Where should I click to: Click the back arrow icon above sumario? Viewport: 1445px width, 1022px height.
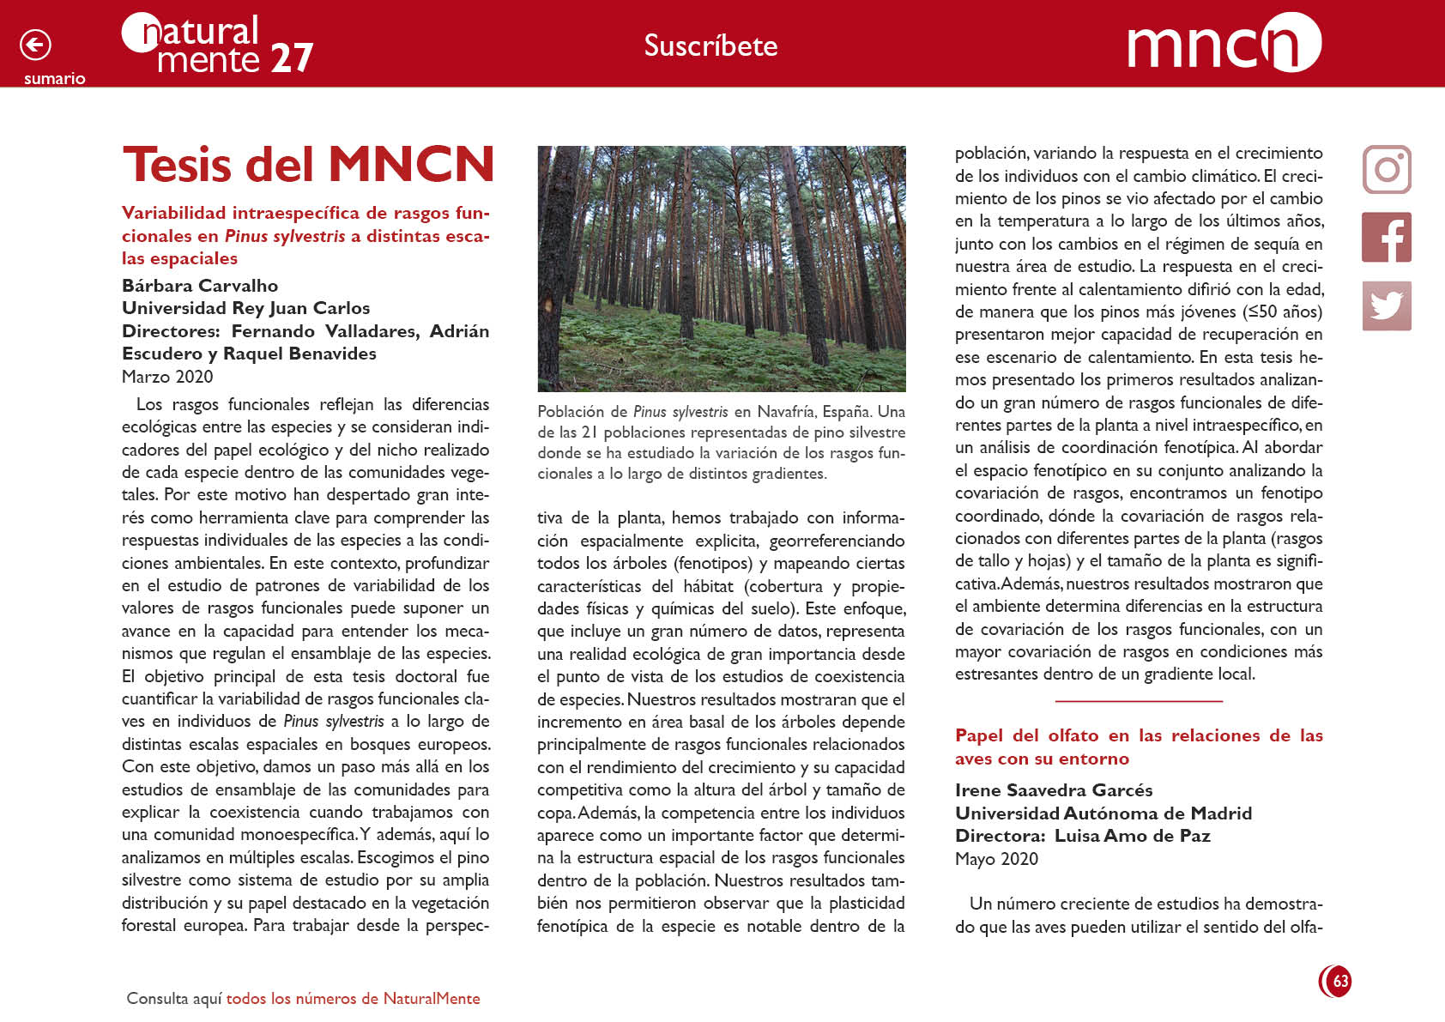[35, 45]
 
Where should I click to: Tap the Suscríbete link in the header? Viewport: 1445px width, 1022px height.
[710, 45]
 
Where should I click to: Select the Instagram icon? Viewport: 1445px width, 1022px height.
[1387, 169]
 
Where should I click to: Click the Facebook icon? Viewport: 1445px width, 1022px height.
[1387, 238]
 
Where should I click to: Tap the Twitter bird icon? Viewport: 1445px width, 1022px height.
[1387, 305]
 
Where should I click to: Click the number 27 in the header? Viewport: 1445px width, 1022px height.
[292, 58]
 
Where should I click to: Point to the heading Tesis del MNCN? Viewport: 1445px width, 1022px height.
[308, 164]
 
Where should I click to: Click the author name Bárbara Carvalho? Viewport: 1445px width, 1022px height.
[200, 286]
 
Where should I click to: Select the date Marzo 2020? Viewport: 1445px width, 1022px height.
[167, 377]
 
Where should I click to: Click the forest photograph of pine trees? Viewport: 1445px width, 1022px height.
[721, 269]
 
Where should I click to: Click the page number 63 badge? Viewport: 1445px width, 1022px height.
[1336, 981]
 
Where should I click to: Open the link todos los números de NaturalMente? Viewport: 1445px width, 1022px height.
[353, 999]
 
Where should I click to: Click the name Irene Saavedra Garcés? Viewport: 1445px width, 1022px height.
[1054, 790]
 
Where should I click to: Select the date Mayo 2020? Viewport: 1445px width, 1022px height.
[996, 859]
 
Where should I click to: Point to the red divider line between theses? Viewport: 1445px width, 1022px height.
[1139, 701]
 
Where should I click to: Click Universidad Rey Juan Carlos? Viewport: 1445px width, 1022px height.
[245, 308]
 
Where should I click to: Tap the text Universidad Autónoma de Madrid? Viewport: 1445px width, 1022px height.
[1103, 813]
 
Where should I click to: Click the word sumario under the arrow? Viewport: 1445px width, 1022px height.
[54, 79]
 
